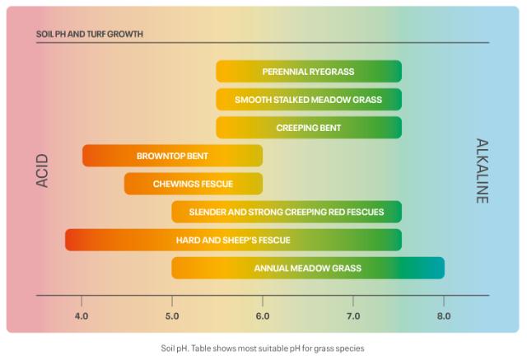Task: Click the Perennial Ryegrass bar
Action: pyautogui.click(x=309, y=72)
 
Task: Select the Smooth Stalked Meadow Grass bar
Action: pyautogui.click(x=309, y=100)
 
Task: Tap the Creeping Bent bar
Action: pyautogui.click(x=309, y=128)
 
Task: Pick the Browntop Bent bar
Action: pyautogui.click(x=172, y=156)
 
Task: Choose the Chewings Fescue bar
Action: pyautogui.click(x=194, y=184)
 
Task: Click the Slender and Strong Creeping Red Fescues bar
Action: pyautogui.click(x=287, y=212)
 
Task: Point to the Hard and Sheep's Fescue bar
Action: pyautogui.click(x=233, y=240)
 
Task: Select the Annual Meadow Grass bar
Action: pyautogui.click(x=308, y=268)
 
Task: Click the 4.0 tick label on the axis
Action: pyautogui.click(x=82, y=316)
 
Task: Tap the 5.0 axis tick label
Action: pyautogui.click(x=172, y=316)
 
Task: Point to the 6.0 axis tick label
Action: pyautogui.click(x=263, y=316)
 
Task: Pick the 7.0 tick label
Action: pyautogui.click(x=353, y=316)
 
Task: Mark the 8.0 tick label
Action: pyautogui.click(x=444, y=316)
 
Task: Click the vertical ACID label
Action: pyautogui.click(x=43, y=171)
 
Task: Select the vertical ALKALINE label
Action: pyautogui.click(x=483, y=171)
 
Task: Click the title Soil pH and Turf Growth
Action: pyautogui.click(x=90, y=35)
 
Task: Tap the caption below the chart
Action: pyautogui.click(x=263, y=348)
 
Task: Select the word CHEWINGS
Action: pyautogui.click(x=173, y=184)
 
